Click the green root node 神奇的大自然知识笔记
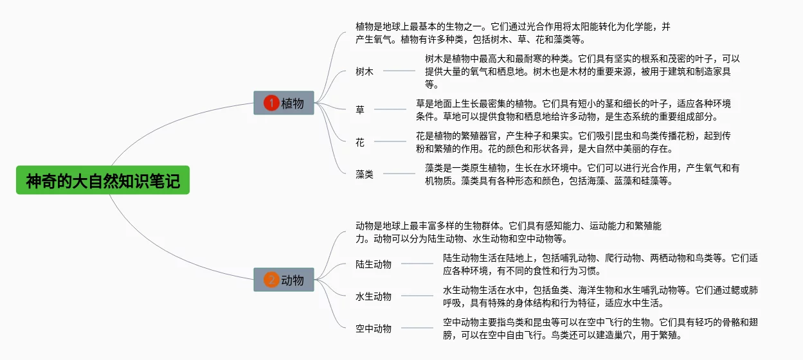[103, 180]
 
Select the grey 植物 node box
[284, 103]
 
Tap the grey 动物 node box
[284, 280]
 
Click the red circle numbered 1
[271, 103]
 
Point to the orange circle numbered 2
[271, 280]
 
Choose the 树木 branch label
[365, 71]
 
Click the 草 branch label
[360, 109]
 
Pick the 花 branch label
[360, 142]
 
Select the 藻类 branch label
[365, 174]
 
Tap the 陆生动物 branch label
[374, 264]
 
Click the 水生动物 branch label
[374, 296]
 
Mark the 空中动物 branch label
[374, 328]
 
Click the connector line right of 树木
[399, 71]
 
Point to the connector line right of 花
[390, 141]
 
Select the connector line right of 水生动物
[417, 296]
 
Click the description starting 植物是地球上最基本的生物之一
[513, 33]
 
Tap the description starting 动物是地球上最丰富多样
[509, 232]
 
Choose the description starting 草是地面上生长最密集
[573, 110]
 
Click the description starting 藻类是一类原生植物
[582, 174]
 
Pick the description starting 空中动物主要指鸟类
[600, 328]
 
